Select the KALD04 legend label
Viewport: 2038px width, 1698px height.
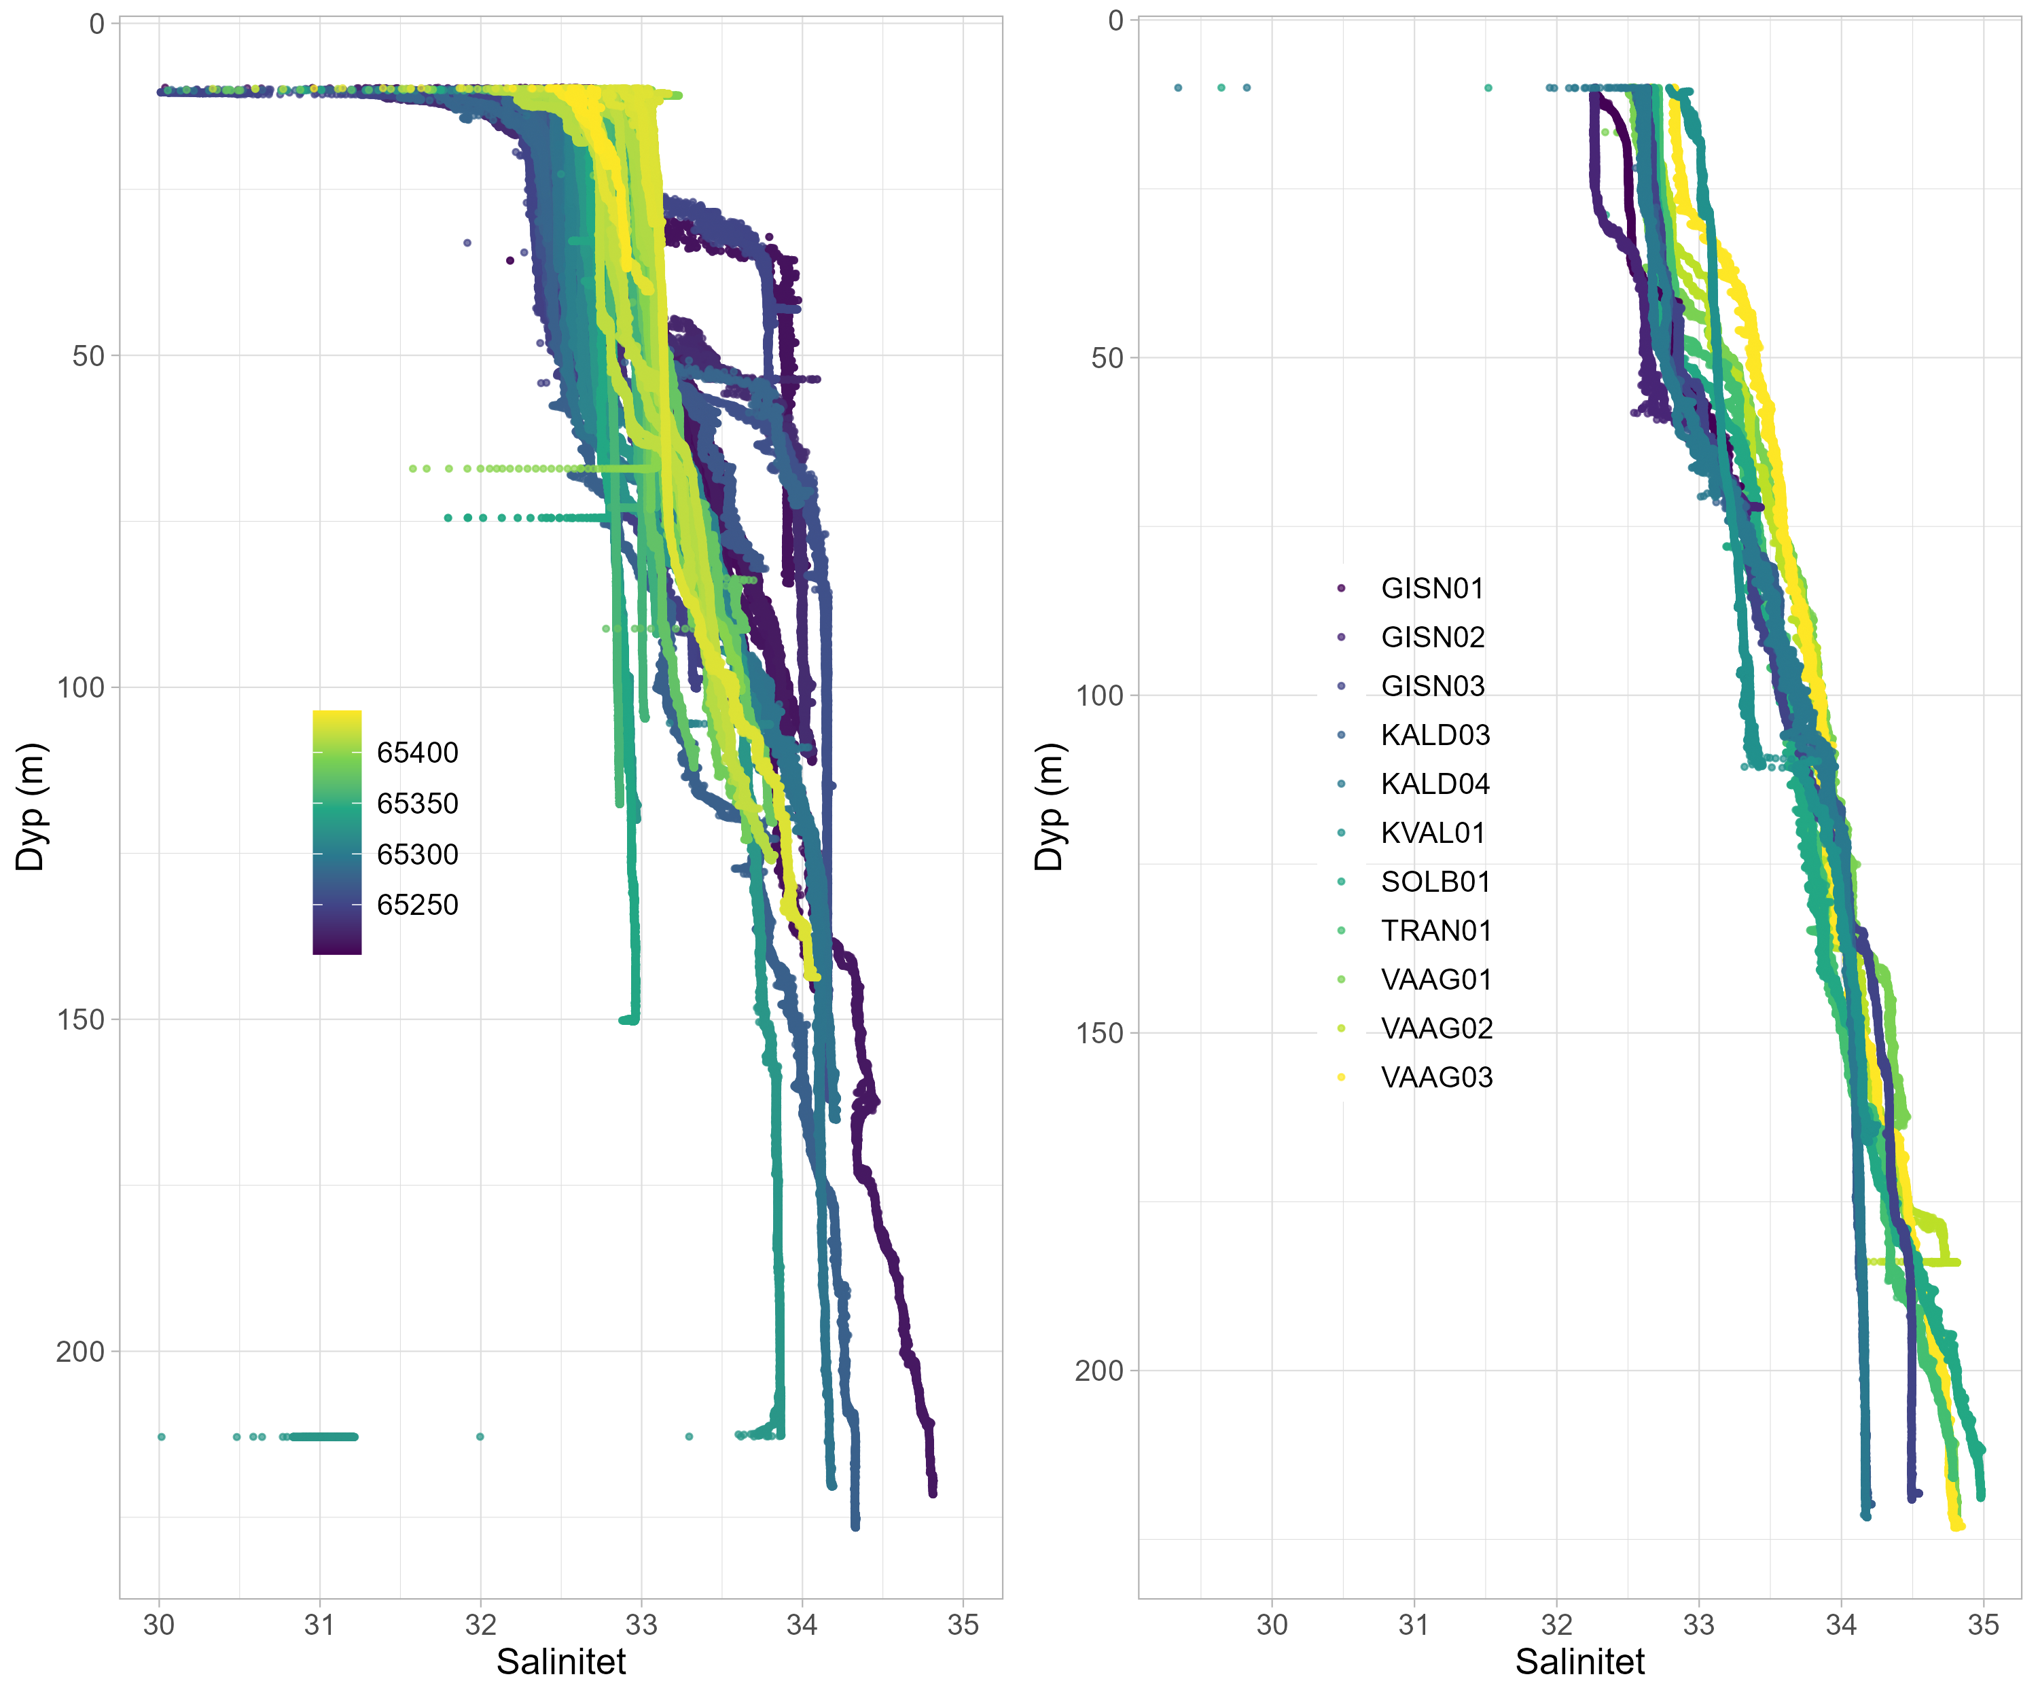tap(1434, 784)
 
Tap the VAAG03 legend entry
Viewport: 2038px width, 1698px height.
tap(1436, 1077)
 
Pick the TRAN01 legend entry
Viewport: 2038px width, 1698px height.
tap(1435, 931)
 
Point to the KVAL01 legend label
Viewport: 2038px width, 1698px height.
tap(1433, 833)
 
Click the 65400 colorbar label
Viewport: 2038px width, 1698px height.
tap(417, 753)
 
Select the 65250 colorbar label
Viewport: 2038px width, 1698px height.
tap(417, 905)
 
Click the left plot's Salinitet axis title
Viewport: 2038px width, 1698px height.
tap(561, 1661)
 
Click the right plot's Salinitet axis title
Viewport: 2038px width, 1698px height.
tap(1580, 1661)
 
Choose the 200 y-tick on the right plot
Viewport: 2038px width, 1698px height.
tap(1098, 1370)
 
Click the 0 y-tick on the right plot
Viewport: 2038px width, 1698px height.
tap(1116, 20)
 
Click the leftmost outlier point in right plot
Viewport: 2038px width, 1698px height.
tap(1178, 88)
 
